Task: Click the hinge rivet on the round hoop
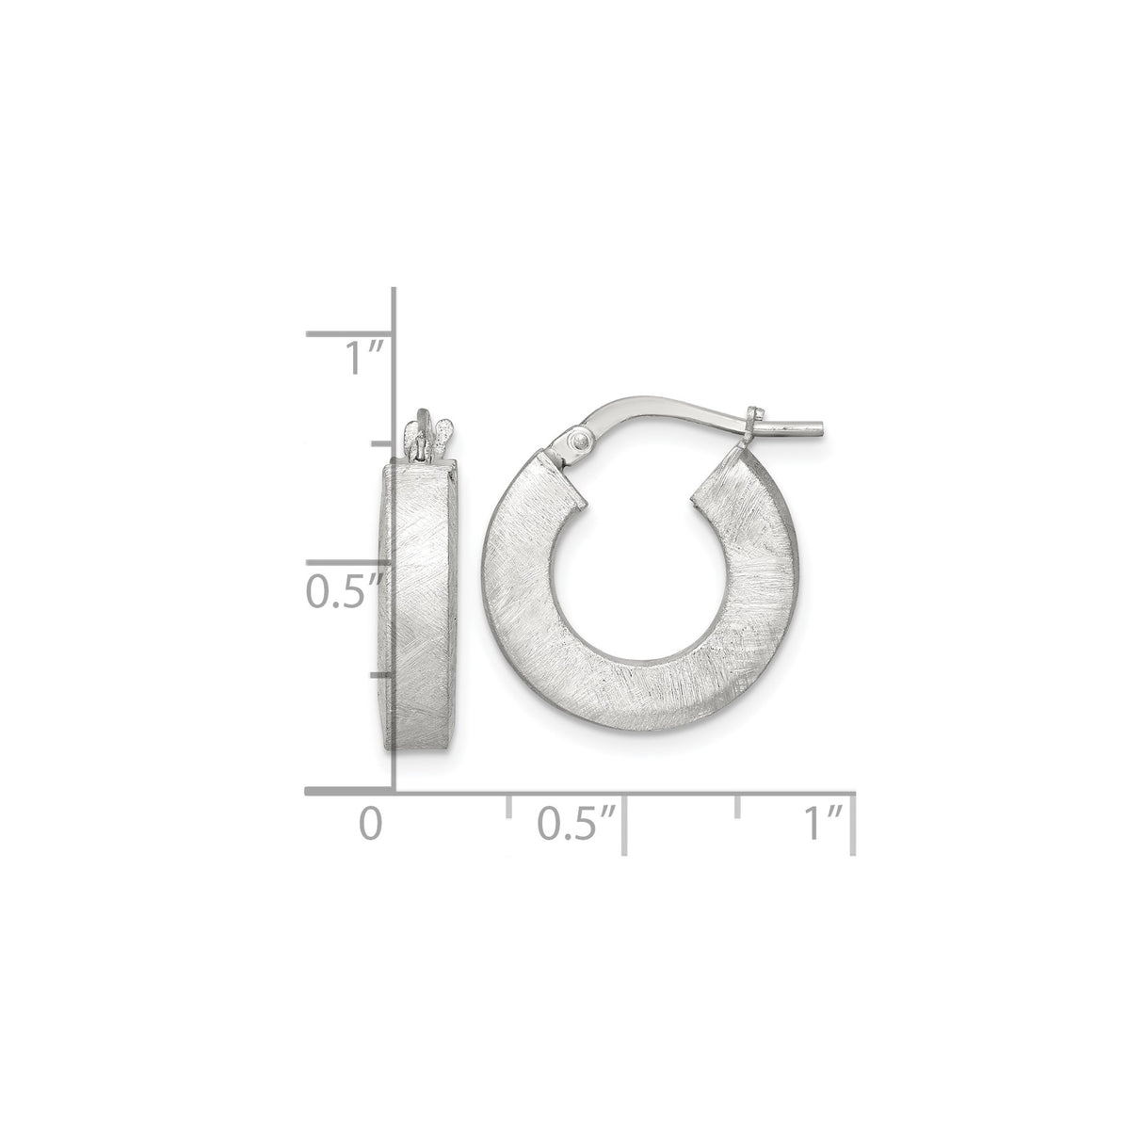point(583,441)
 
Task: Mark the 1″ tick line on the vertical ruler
point(350,333)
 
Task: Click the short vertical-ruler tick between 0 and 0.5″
point(380,674)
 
